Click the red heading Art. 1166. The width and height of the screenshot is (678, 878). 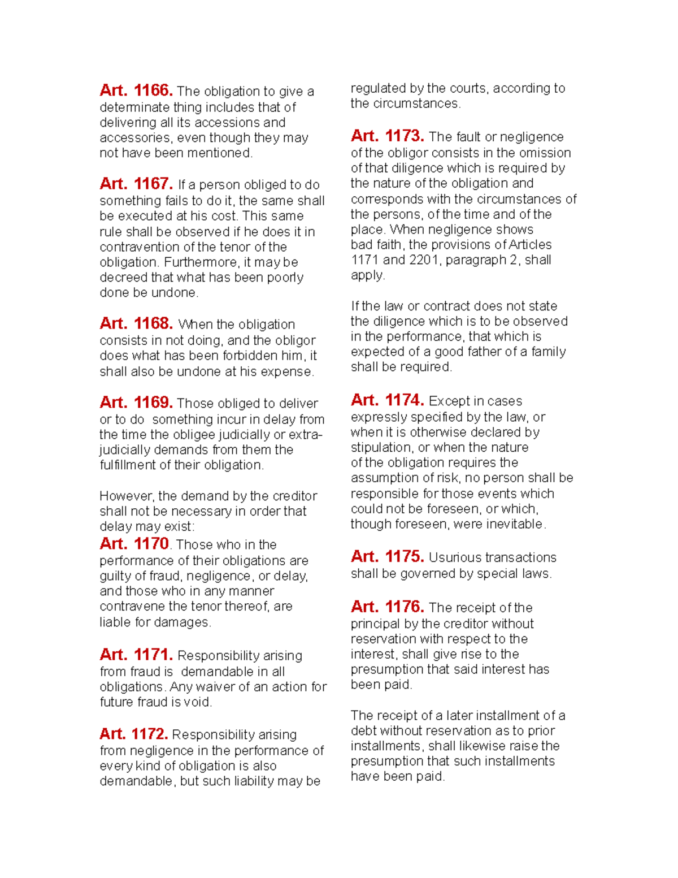point(136,90)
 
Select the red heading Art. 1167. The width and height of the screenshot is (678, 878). point(136,184)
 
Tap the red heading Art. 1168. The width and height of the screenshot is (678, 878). point(136,323)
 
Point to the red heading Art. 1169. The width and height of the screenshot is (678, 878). point(136,403)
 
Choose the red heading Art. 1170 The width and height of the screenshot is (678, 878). point(134,544)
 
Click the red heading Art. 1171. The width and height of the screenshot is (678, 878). point(136,655)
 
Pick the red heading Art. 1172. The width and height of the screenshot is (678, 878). point(133,734)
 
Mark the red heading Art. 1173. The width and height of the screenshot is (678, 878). point(387,136)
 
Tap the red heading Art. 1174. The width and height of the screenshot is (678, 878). point(387,400)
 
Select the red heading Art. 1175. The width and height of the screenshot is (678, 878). point(387,556)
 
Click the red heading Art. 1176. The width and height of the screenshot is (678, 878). point(387,607)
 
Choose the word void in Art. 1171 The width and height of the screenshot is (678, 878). point(201,702)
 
